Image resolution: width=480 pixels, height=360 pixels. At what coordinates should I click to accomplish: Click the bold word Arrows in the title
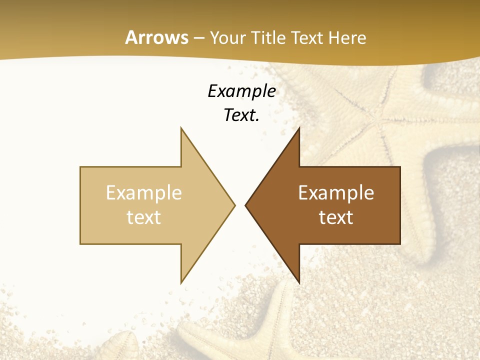156,37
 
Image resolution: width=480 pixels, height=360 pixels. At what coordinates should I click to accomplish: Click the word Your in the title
227,37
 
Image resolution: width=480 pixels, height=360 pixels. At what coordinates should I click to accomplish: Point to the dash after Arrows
199,38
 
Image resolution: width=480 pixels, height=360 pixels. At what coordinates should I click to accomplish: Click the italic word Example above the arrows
241,91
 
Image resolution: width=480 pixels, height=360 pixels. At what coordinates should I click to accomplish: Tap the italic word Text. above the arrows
241,115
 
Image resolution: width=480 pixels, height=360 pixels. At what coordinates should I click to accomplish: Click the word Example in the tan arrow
143,192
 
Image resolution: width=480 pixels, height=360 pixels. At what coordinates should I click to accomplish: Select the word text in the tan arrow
143,217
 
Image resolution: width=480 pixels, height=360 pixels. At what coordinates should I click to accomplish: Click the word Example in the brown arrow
336,192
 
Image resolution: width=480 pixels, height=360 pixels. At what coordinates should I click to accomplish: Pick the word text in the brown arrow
336,217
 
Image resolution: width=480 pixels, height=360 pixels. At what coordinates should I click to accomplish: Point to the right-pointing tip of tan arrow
234,205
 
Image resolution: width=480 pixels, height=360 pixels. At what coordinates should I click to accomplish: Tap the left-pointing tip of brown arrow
245,205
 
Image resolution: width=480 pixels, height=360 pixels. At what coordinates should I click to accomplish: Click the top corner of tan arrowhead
181,128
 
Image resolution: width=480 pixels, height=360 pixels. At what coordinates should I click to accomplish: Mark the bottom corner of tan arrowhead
181,283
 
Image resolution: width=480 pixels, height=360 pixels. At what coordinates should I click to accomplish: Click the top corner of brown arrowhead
299,128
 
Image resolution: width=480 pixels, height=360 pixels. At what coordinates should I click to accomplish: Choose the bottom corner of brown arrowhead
299,283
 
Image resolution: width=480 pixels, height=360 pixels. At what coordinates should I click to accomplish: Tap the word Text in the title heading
308,37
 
